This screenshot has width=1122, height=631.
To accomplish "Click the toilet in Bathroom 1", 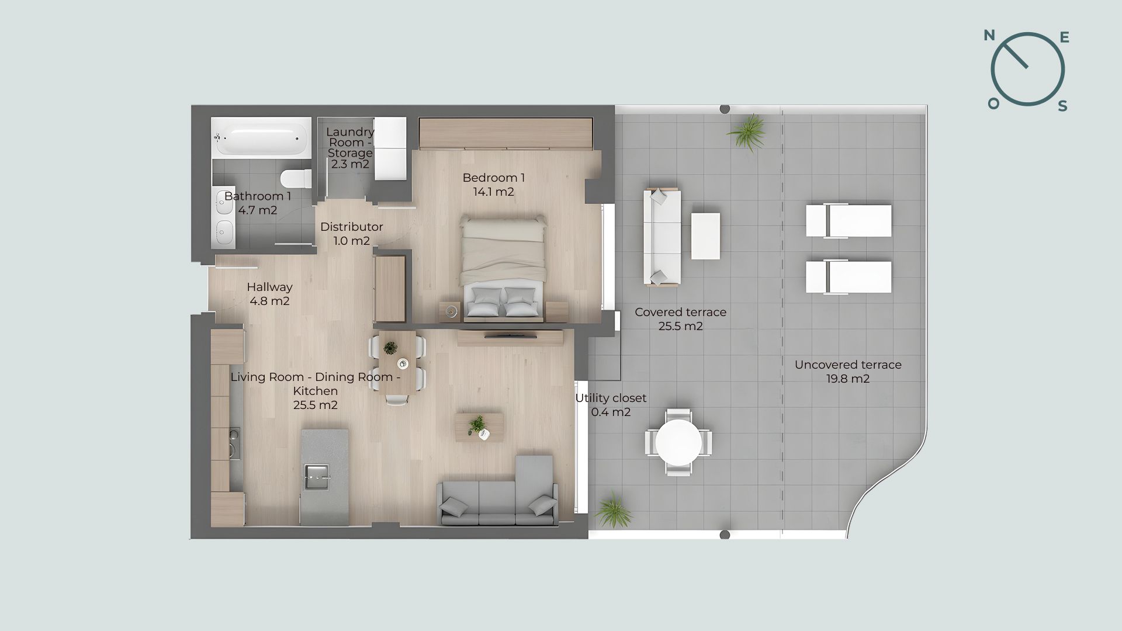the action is pos(297,178).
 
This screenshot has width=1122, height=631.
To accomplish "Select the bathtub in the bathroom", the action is pos(260,138).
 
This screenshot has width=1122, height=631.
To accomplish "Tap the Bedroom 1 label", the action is pos(494,185).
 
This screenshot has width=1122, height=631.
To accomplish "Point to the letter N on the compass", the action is pos(989,36).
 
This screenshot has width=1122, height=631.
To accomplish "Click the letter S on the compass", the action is pos(1063,106).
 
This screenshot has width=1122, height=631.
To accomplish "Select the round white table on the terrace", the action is pos(678,442).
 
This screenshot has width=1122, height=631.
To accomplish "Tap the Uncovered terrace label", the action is pos(848,372).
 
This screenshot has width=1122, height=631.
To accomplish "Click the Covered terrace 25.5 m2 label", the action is pos(681,319).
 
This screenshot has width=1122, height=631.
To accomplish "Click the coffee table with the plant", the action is pos(479,427).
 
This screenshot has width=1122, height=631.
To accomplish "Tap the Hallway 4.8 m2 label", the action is pos(269,294).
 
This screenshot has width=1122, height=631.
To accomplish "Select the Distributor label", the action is pos(352,227).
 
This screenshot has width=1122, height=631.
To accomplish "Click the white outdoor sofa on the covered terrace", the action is pos(662,237).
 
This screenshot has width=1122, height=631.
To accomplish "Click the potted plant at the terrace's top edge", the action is pos(747,132).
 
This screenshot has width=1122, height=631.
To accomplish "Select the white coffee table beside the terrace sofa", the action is pos(706,235).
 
